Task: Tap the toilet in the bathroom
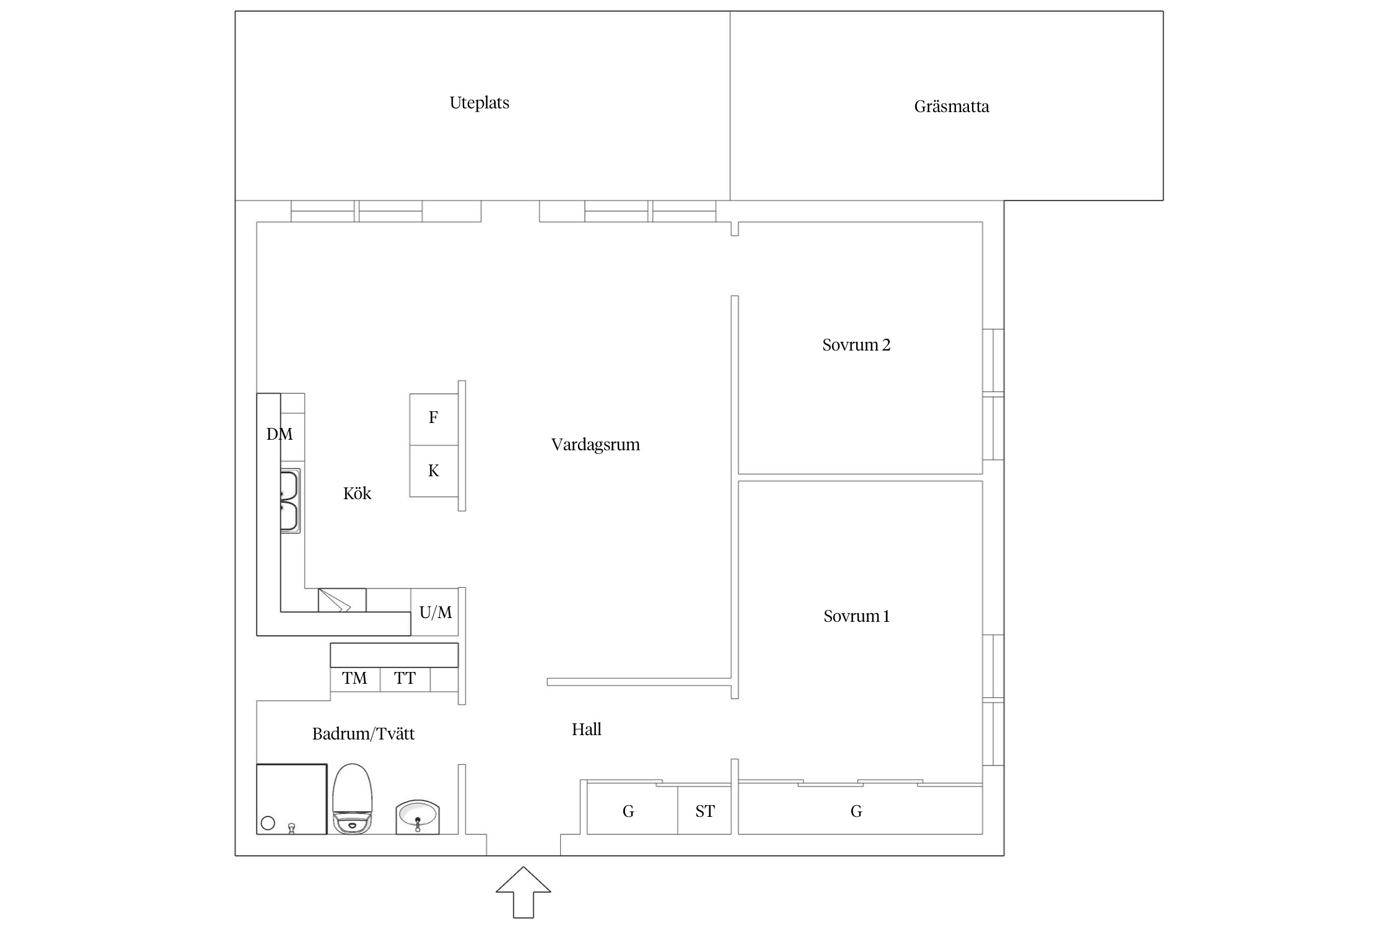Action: tap(353, 799)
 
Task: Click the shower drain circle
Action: tap(268, 823)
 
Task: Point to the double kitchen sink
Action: tap(290, 501)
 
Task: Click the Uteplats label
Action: tap(480, 103)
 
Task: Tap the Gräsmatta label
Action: tap(952, 107)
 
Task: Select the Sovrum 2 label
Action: tap(856, 345)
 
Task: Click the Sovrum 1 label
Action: tap(856, 616)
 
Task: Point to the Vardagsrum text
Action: tap(595, 445)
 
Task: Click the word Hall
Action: tap(586, 730)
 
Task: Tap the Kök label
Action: tap(357, 494)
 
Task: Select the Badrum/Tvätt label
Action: tap(363, 734)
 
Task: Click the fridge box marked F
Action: tap(434, 419)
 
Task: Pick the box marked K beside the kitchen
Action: tap(434, 471)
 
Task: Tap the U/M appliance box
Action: tap(435, 612)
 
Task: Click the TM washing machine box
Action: tap(355, 679)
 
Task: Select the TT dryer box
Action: tap(405, 679)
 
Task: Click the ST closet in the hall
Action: tap(704, 810)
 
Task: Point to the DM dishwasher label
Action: tap(279, 434)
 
